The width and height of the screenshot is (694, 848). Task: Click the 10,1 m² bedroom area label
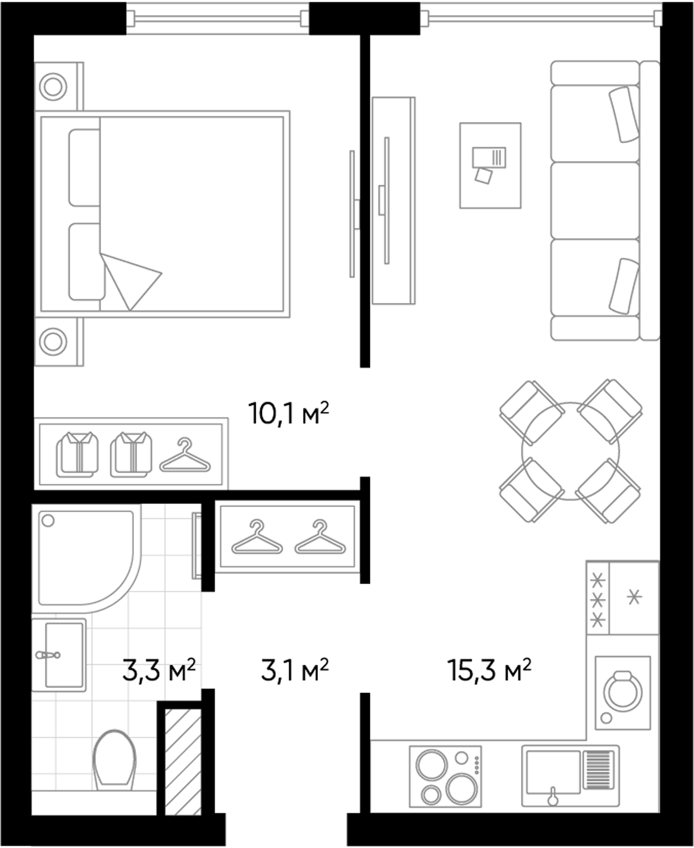tap(288, 413)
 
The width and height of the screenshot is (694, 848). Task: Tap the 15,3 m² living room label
tap(489, 670)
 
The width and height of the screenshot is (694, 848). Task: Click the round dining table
tap(570, 451)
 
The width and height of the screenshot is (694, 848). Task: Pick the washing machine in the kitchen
tap(623, 692)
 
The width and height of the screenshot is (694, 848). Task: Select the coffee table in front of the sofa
tap(490, 165)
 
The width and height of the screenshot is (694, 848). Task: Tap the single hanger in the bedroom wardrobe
tap(185, 457)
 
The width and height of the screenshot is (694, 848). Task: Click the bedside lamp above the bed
tap(53, 86)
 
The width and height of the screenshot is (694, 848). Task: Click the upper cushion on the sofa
tap(624, 114)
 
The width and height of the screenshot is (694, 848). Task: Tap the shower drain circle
tap(48, 521)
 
